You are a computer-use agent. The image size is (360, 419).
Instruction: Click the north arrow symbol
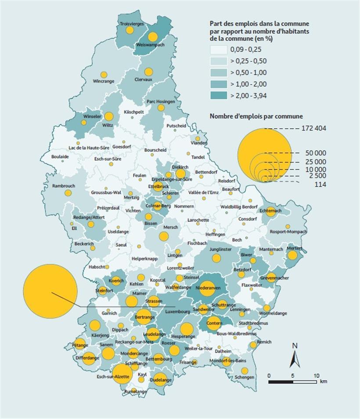pos(295,356)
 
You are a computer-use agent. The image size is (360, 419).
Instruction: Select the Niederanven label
pos(208,288)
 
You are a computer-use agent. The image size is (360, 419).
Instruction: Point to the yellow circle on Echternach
pos(270,211)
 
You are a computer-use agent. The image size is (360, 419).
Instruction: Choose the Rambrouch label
pos(64,186)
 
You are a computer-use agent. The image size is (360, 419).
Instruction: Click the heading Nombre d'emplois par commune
pos(256,116)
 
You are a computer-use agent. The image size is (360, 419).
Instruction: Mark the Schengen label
pos(244,377)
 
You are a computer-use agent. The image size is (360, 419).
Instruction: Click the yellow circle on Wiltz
pos(108,117)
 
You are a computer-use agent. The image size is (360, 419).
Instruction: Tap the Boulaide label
pos(60,156)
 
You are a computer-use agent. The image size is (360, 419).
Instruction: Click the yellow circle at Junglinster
pos(216,258)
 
